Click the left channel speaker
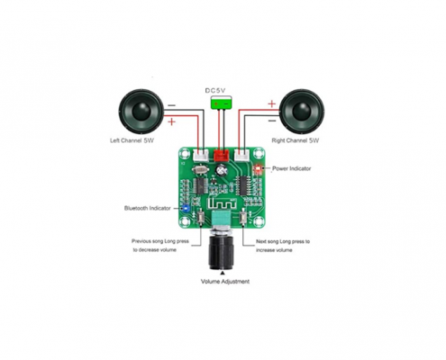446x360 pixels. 141,112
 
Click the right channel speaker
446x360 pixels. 302,112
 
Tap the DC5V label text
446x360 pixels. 215,90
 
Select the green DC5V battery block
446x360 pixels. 222,103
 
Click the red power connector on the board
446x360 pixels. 222,155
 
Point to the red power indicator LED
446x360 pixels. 258,169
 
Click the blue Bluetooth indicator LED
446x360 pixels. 186,208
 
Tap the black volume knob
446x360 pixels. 221,251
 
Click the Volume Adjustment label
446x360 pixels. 225,282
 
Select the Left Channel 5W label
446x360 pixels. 132,140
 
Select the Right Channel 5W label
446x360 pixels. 296,140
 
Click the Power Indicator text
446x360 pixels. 291,168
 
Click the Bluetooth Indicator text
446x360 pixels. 148,208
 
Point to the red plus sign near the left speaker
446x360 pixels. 171,121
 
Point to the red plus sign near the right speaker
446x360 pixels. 271,104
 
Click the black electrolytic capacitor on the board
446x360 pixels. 222,170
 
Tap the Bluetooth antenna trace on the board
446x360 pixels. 222,204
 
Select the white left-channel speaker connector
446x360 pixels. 201,155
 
